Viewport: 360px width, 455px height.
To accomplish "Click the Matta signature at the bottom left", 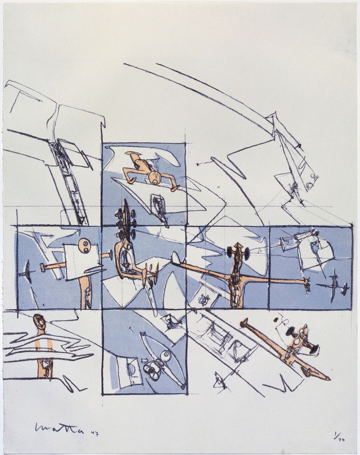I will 59,428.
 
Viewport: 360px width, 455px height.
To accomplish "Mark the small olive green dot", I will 276,319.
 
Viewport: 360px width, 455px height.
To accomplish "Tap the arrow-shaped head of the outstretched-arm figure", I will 238,245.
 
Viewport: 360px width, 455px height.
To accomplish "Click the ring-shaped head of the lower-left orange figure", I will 40,321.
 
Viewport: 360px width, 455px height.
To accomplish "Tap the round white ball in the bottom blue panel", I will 165,356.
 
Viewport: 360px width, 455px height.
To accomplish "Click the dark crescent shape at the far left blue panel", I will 27,271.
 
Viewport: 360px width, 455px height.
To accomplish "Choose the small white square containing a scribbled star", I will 204,299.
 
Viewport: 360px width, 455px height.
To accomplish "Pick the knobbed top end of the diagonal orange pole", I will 244,322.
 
